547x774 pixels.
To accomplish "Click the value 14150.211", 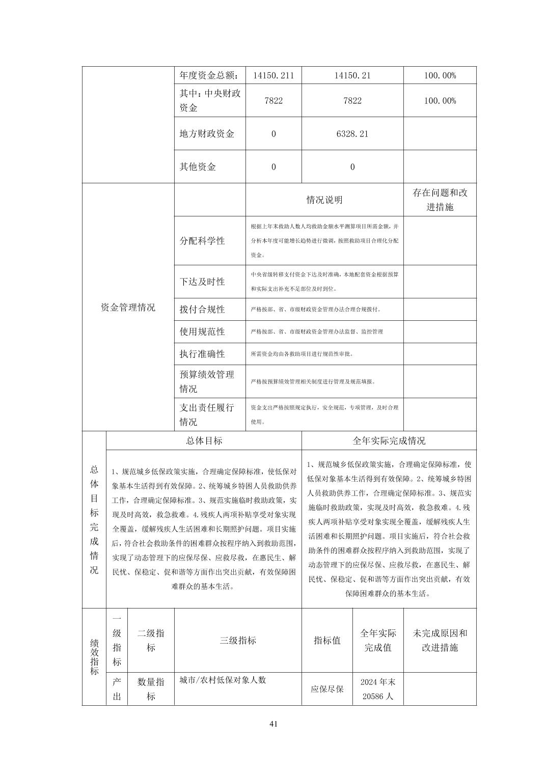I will coord(273,75).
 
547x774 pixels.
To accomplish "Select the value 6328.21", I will coord(352,134).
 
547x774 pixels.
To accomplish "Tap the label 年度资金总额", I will coord(209,75).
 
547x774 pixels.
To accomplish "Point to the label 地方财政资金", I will coord(207,134).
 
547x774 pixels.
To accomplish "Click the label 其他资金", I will coord(198,167).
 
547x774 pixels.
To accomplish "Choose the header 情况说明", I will coord(324,200).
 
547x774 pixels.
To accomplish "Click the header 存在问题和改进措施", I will coord(440,200).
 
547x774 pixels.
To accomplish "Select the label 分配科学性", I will coord(202,241).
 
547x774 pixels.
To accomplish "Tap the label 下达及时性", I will coord(202,282).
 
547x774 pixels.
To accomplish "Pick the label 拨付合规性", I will coord(202,310).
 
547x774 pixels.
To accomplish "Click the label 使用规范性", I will coord(202,331).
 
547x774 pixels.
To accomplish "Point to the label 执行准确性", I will coord(202,354).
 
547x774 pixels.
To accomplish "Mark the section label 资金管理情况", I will coord(128,307).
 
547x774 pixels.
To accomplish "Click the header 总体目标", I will coord(204,441).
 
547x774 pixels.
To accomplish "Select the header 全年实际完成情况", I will coord(389,441).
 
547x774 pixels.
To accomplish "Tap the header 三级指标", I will coord(238,641).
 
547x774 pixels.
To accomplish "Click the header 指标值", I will coord(327,641).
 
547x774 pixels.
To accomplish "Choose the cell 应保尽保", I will coord(327,689).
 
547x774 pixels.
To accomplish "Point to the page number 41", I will coord(273,725).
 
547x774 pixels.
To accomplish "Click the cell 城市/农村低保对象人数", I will coord(223,680).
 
